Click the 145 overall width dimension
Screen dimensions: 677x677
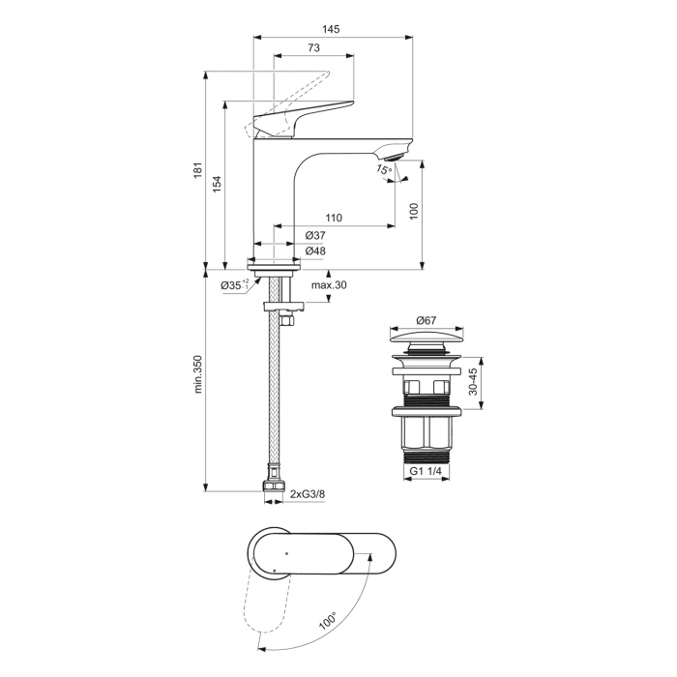(x=331, y=30)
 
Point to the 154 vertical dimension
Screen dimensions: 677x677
(x=219, y=182)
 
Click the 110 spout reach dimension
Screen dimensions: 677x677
(x=334, y=218)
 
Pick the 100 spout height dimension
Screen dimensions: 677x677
(x=414, y=211)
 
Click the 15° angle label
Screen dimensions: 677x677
(x=384, y=171)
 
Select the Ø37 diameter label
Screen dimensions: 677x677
(x=315, y=235)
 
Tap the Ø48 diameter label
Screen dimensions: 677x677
(x=315, y=251)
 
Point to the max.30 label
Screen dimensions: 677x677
(x=329, y=285)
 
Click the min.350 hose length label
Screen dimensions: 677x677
(x=198, y=375)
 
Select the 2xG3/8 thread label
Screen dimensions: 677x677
(x=308, y=494)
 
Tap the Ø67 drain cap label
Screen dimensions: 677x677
(x=427, y=321)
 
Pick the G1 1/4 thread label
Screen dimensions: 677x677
(x=427, y=471)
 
